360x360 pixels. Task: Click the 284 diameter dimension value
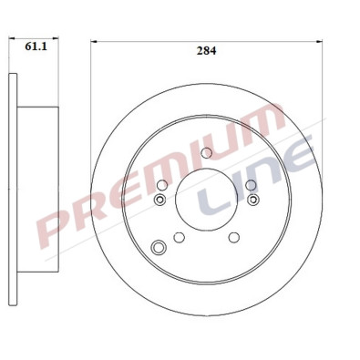coord(206,52)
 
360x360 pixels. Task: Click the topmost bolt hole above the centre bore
coord(207,152)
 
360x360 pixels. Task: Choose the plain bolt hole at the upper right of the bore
coord(250,185)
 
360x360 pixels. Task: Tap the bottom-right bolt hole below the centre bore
coord(233,237)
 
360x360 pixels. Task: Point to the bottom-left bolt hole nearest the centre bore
coord(179,237)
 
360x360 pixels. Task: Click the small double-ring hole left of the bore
coord(161,200)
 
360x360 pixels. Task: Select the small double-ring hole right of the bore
coord(252,200)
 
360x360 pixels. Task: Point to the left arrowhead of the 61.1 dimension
coord(11,40)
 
